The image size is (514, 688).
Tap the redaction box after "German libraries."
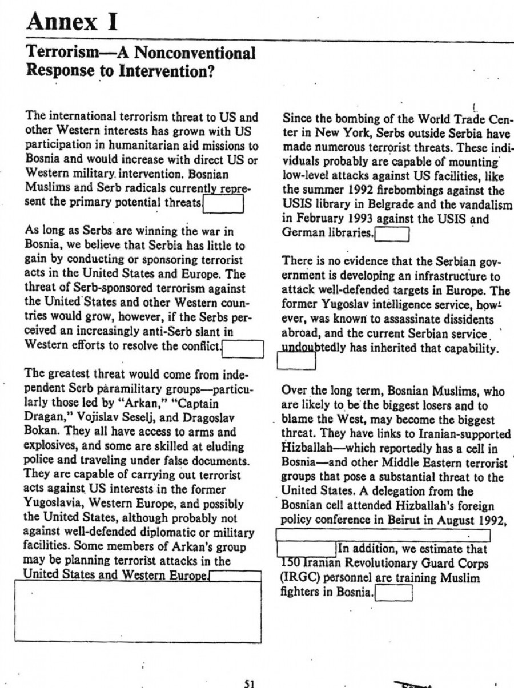coord(391,234)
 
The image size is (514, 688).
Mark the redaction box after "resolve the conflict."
coord(242,348)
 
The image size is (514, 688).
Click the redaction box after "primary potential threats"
coord(224,204)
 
